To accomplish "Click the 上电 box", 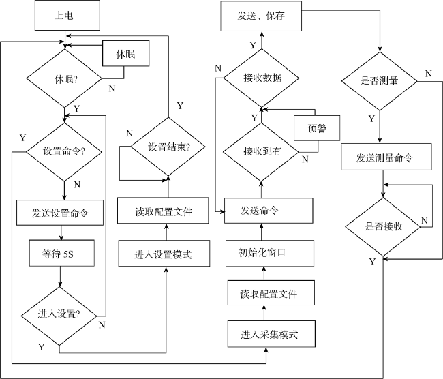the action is point(67,15).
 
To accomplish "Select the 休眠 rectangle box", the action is point(125,53).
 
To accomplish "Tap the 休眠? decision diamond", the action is point(64,78).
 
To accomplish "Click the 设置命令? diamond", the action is point(64,152).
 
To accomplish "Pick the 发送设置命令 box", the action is point(60,213).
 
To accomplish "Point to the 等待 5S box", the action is point(61,253).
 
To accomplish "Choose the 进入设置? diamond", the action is point(59,316).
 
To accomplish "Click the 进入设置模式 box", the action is point(164,254).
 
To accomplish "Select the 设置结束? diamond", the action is point(168,147).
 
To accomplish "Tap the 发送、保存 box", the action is point(261,16).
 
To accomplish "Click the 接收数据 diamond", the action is point(261,78).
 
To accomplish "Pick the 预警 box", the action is point(317,128).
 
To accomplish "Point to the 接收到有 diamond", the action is point(261,152).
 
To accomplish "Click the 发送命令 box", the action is point(269,211).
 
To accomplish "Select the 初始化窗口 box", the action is point(270,254).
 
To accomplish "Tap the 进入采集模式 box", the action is point(271,334).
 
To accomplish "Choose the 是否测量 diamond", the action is point(380,81).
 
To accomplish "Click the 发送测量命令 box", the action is point(386,157).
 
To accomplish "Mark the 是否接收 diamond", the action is point(383,227).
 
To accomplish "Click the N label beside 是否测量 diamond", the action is point(429,74).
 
